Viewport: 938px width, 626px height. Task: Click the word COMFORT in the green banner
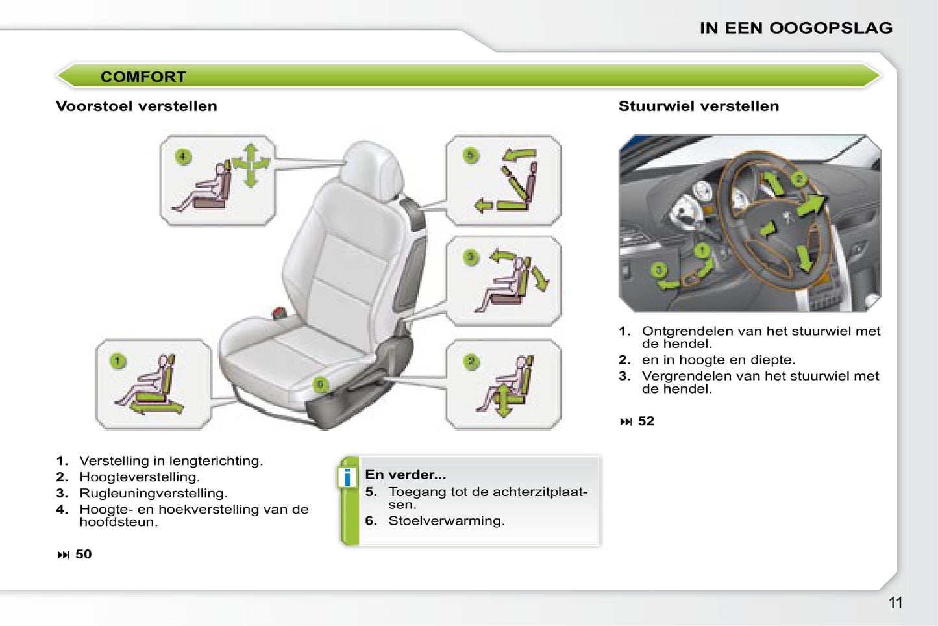click(x=143, y=77)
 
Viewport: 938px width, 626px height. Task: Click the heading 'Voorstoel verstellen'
click(x=136, y=106)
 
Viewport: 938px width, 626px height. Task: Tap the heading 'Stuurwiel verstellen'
click(x=699, y=106)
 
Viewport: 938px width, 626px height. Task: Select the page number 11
click(x=895, y=603)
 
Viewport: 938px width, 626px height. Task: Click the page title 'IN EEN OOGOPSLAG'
click(x=796, y=28)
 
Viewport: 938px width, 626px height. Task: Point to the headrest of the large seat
click(x=371, y=169)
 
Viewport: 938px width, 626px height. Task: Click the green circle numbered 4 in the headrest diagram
click(x=183, y=157)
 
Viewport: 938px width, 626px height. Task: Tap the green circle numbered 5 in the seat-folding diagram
click(x=471, y=156)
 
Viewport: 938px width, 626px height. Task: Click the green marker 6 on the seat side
click(x=320, y=384)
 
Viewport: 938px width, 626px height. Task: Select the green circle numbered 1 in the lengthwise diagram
click(x=117, y=361)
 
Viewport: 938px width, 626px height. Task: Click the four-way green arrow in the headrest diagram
click(x=251, y=165)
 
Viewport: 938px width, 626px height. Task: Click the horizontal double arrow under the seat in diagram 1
click(x=156, y=407)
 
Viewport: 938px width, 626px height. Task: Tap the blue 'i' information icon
click(x=347, y=477)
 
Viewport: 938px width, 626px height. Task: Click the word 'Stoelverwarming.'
click(x=447, y=521)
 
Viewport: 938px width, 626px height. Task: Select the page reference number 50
click(x=83, y=555)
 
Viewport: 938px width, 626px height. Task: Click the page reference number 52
click(x=646, y=421)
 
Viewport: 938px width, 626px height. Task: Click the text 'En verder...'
click(x=405, y=475)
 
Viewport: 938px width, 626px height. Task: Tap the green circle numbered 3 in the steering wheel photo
click(x=659, y=270)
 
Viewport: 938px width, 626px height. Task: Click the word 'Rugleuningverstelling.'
click(x=153, y=493)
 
